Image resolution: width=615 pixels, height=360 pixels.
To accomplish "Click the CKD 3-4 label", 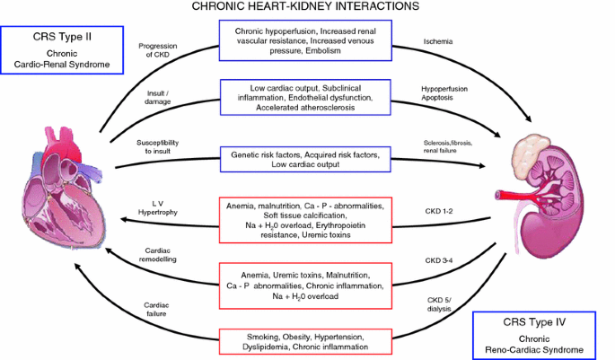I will pyautogui.click(x=439, y=260).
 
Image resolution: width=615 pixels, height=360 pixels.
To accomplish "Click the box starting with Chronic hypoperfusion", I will pyautogui.click(x=306, y=41).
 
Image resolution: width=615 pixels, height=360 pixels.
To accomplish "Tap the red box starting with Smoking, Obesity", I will pyautogui.click(x=306, y=340).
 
